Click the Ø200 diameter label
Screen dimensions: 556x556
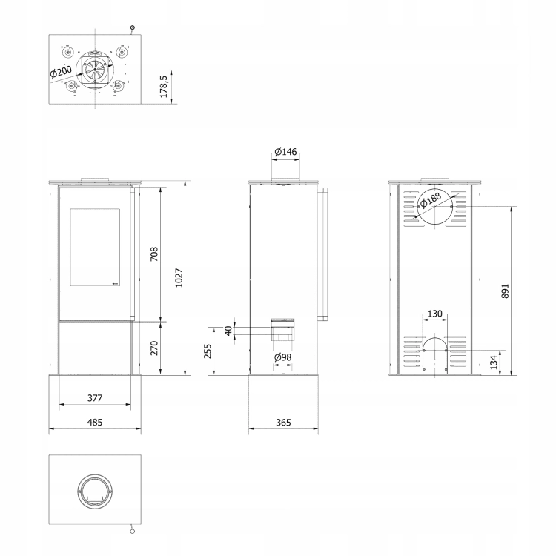61,72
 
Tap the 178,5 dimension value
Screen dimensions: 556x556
164,87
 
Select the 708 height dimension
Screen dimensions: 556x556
154,254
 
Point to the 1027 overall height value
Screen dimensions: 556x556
179,278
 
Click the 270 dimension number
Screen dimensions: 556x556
154,348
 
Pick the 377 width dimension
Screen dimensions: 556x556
95,398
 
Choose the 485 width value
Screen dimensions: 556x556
95,423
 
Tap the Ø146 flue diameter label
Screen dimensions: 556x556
285,152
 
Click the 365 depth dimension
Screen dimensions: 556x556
283,423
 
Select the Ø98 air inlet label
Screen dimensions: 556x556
282,357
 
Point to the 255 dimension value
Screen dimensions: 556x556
208,351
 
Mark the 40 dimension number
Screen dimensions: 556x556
229,331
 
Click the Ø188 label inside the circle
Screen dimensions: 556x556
431,200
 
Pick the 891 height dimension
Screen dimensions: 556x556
506,291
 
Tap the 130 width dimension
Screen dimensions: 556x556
435,314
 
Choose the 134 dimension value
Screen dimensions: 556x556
494,363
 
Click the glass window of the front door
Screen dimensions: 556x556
95,247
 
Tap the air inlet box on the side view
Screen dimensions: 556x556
282,330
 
